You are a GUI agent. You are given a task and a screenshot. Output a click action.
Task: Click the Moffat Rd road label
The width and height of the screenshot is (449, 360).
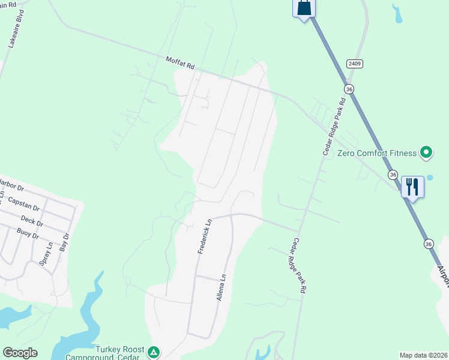[x=181, y=62]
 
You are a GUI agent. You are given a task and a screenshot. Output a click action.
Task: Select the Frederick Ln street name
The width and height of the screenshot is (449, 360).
[x=204, y=236]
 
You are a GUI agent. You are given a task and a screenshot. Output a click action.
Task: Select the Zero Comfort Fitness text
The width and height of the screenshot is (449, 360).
[x=376, y=153]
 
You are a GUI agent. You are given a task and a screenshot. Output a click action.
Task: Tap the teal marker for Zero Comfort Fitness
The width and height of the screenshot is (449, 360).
[x=426, y=153]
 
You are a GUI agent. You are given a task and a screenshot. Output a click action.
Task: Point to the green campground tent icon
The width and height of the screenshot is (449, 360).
[x=154, y=352]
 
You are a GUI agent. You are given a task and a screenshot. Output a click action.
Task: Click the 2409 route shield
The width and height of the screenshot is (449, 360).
[x=354, y=63]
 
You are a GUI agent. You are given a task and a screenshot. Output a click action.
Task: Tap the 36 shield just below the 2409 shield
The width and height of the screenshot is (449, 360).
[x=349, y=89]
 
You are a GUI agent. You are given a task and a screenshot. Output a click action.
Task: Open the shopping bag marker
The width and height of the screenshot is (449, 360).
[x=304, y=8]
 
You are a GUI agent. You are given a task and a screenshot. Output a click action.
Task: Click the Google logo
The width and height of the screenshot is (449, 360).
[x=20, y=353]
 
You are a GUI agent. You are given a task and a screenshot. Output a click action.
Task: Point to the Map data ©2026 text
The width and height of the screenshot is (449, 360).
[x=423, y=355]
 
